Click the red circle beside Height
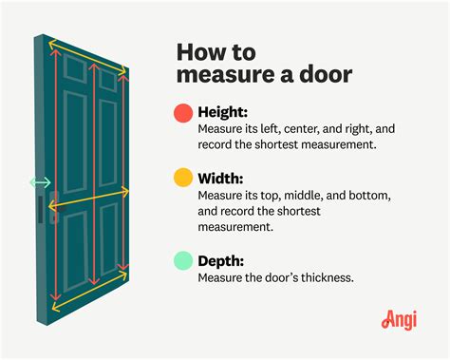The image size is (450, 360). pyautogui.click(x=183, y=112)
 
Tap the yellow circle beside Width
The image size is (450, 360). pyautogui.click(x=183, y=178)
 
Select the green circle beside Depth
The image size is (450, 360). pyautogui.click(x=183, y=259)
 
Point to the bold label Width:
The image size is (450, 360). pyautogui.click(x=223, y=177)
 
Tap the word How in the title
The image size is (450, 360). pyautogui.click(x=201, y=48)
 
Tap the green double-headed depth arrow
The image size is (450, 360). pyautogui.click(x=40, y=181)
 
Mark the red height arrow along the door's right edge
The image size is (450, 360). pyautogui.click(x=121, y=171)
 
